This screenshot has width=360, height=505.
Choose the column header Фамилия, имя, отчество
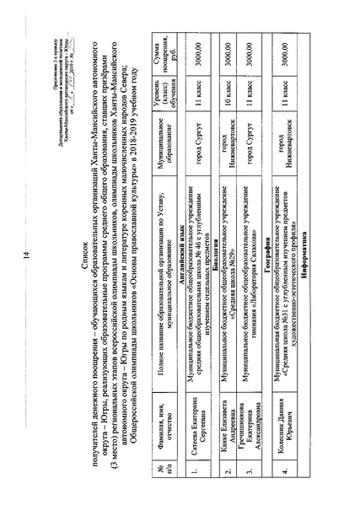point(167,436)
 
